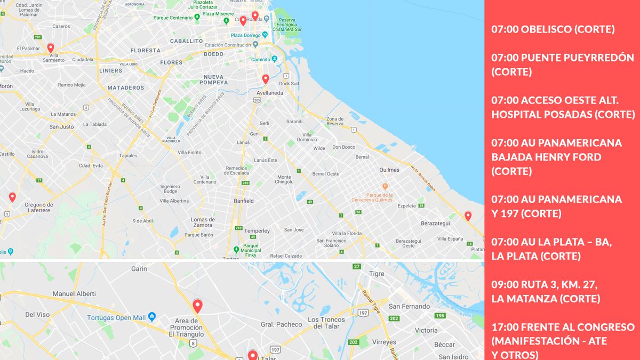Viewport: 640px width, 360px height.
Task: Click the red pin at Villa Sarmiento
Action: [51, 48]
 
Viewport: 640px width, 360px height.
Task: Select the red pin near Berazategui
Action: [468, 216]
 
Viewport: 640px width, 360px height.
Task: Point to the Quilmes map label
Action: [388, 170]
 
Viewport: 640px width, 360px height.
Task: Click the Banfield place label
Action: [244, 201]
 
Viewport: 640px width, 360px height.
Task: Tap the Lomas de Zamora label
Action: [203, 222]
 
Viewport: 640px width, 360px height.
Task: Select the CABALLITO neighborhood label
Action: [187, 41]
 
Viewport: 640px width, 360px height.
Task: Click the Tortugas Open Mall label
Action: [117, 318]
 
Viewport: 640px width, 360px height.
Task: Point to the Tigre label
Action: [377, 274]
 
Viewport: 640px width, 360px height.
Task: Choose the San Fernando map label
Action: [409, 306]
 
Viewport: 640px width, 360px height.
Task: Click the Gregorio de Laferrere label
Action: [39, 207]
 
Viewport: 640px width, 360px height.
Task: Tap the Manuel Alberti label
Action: [74, 294]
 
